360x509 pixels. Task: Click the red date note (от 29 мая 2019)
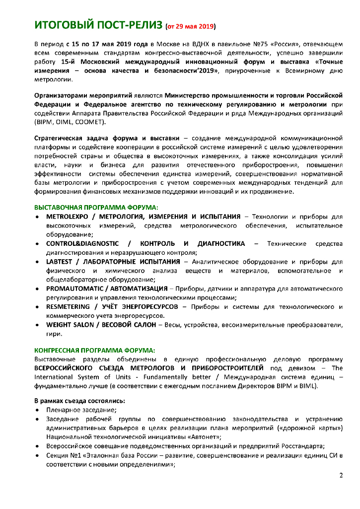[191, 27]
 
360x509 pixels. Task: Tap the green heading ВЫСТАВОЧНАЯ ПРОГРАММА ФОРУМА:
[96, 207]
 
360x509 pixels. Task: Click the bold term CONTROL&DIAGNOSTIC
[82, 243]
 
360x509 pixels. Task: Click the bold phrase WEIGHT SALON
[72, 325]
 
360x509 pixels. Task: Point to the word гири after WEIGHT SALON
[53, 334]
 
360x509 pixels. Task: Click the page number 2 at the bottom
[341, 475]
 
